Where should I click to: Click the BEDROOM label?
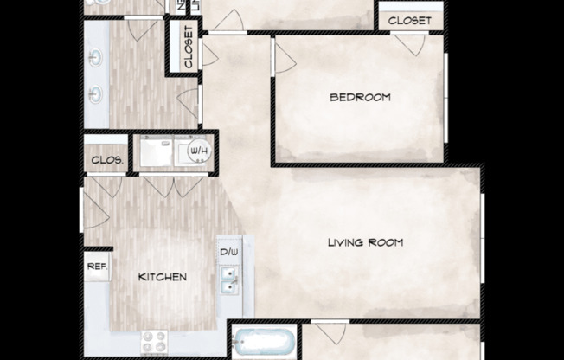click(360, 97)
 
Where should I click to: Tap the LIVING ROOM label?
click(365, 242)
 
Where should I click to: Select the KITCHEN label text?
click(163, 277)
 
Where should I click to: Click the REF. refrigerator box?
click(97, 267)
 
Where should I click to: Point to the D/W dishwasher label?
click(229, 253)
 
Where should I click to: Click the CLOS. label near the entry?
click(105, 161)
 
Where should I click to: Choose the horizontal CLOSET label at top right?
click(410, 20)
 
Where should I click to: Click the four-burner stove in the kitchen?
click(155, 341)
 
